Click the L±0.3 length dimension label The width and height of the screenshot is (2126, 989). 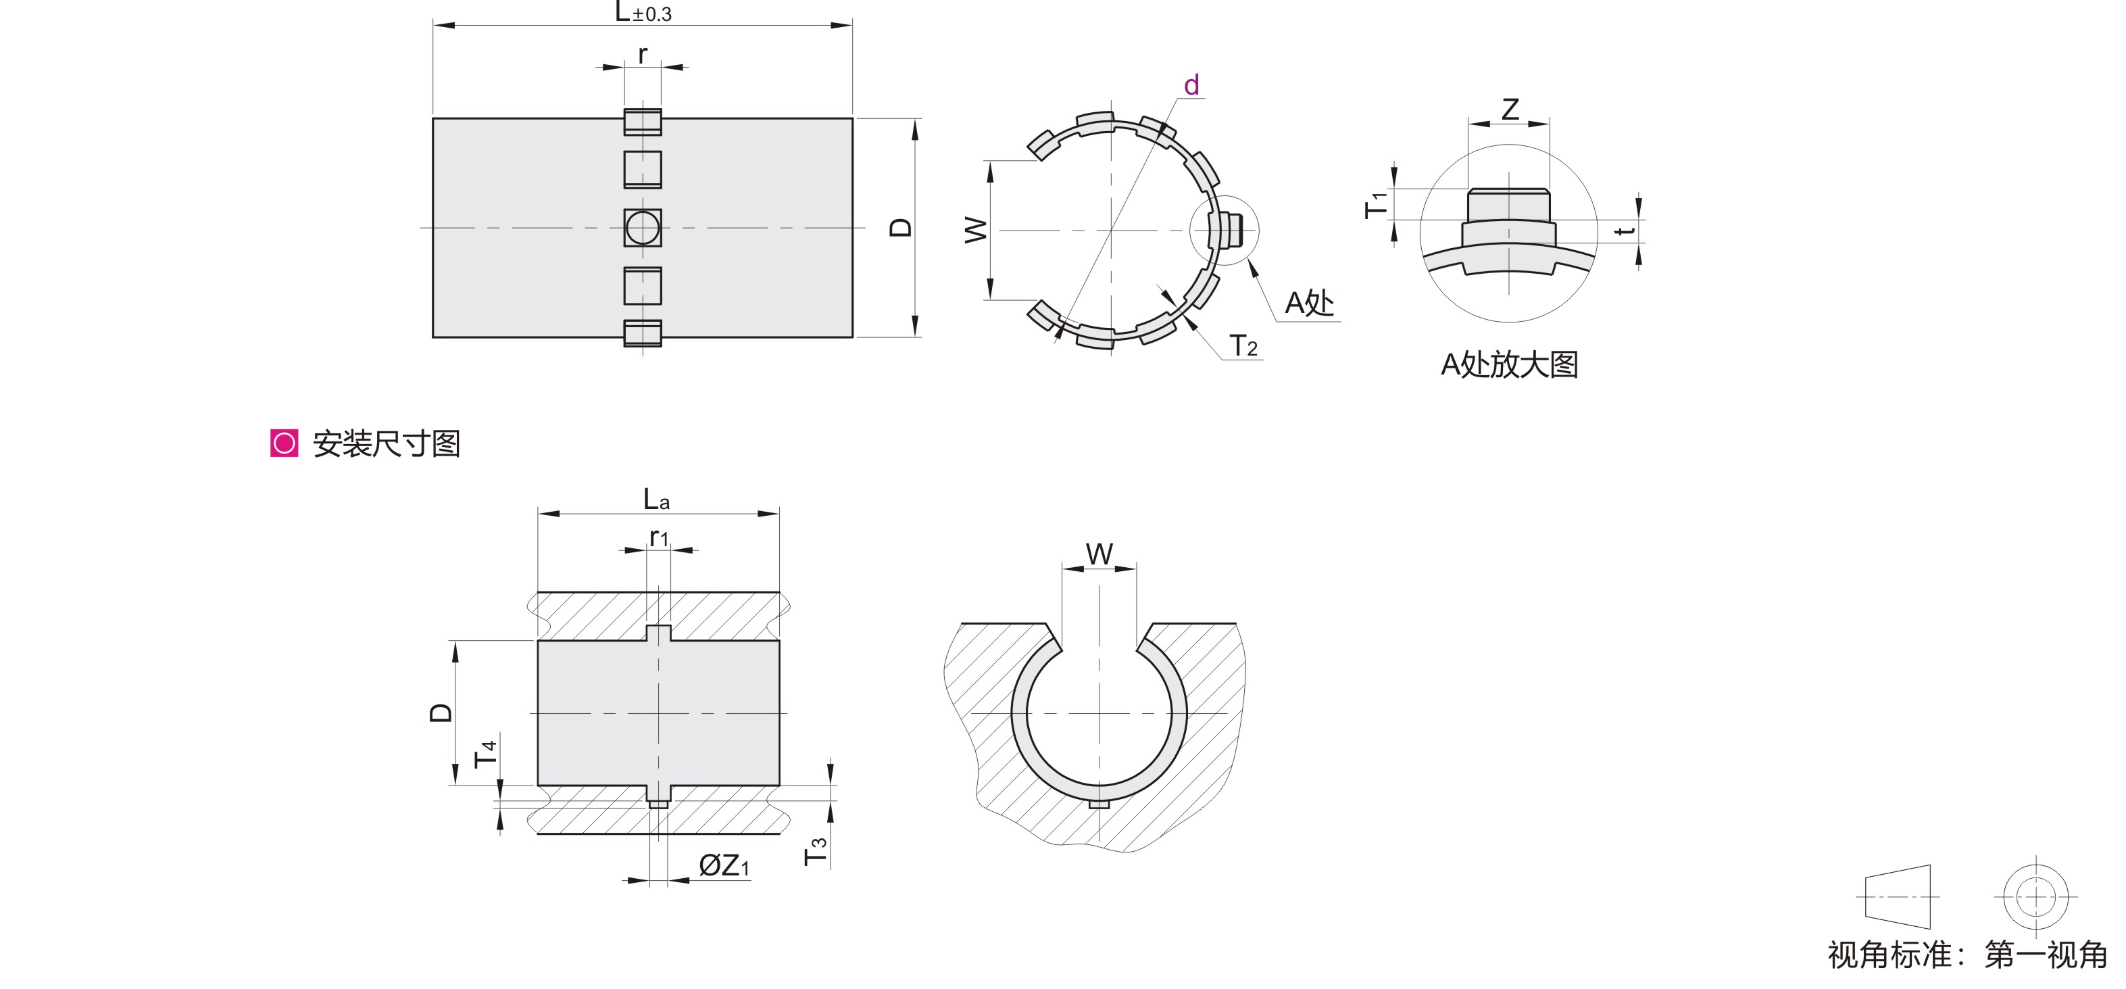(643, 12)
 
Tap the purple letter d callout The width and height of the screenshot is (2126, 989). (1191, 85)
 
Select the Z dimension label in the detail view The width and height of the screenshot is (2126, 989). (1510, 109)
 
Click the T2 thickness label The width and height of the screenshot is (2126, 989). (1243, 345)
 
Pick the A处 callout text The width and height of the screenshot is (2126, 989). (1309, 303)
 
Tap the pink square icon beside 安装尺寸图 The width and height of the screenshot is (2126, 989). (284, 443)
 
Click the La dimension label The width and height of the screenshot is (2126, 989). (656, 499)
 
